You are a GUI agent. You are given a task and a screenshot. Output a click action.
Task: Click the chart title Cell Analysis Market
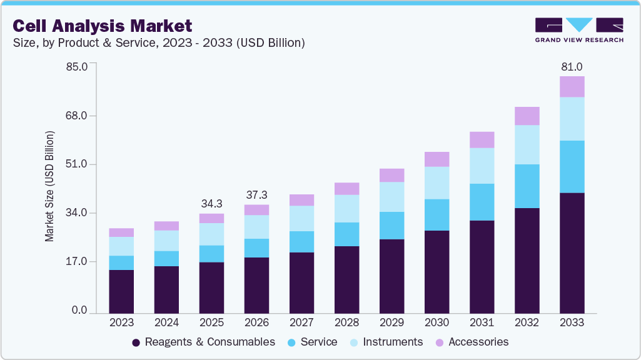pyautogui.click(x=102, y=26)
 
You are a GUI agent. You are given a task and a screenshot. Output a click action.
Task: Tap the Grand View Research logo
pyautogui.click(x=578, y=29)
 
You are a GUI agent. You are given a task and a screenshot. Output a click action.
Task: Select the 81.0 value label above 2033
pyautogui.click(x=572, y=67)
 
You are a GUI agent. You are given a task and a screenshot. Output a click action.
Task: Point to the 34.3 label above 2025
pyautogui.click(x=211, y=204)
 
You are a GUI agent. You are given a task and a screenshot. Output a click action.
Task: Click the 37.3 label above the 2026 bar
pyautogui.click(x=256, y=195)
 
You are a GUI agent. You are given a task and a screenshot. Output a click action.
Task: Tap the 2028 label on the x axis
pyautogui.click(x=346, y=323)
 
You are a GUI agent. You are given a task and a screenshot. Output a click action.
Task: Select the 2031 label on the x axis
pyautogui.click(x=482, y=323)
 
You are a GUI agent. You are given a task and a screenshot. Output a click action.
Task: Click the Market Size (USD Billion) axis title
pyautogui.click(x=49, y=186)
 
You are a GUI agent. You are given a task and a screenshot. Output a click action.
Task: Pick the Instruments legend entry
pyautogui.click(x=386, y=342)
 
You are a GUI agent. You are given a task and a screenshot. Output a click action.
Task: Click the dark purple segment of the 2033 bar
pyautogui.click(x=572, y=253)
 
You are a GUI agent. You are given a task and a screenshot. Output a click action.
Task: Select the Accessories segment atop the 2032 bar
pyautogui.click(x=527, y=116)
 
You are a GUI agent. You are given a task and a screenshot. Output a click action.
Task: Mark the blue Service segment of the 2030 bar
pyautogui.click(x=437, y=215)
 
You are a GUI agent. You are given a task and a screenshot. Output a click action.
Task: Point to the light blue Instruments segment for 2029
pyautogui.click(x=391, y=197)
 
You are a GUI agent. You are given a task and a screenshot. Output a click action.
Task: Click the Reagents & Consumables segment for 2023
pyautogui.click(x=121, y=291)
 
